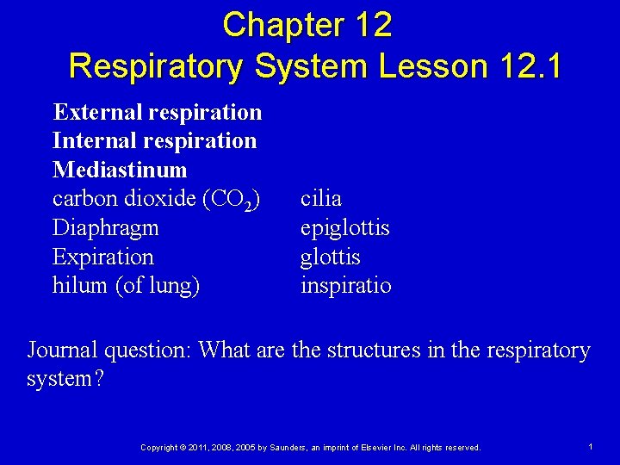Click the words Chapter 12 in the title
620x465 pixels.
coord(307,25)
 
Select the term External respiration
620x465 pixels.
coord(158,112)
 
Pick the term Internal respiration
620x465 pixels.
coord(155,140)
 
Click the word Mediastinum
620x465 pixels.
coord(120,170)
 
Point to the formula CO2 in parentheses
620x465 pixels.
coord(231,199)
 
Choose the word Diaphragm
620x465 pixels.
coord(104,228)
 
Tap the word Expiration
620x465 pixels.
coord(103,257)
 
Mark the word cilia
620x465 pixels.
coord(321,199)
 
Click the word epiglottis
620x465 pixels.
coord(345,228)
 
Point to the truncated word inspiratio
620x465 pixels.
coord(345,285)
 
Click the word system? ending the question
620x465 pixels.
coord(65,379)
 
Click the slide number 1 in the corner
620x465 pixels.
coord(591,447)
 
